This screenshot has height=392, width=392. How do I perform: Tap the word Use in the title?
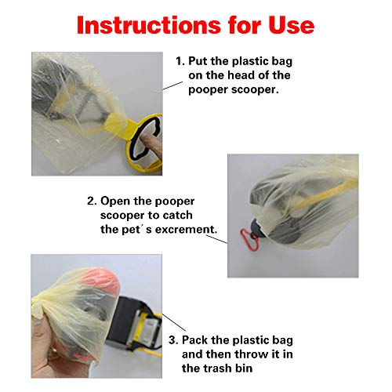point(292,25)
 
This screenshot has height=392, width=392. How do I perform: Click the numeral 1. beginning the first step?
point(180,61)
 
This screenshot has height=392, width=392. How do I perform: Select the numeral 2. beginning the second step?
point(92,201)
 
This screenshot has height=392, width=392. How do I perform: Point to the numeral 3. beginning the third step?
point(173,340)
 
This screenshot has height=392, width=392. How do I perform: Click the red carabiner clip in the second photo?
point(249,240)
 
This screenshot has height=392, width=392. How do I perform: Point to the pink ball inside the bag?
point(100,280)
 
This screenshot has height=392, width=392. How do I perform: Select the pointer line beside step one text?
point(172,85)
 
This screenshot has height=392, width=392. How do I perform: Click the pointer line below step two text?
point(216,239)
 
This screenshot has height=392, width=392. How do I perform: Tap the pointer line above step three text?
point(174,322)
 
